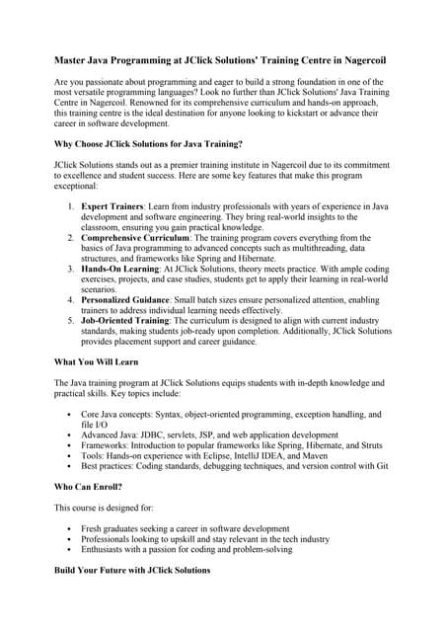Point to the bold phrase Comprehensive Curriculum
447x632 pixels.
tap(136, 237)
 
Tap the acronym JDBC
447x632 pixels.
tap(157, 434)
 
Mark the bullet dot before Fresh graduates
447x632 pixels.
tap(67, 528)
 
